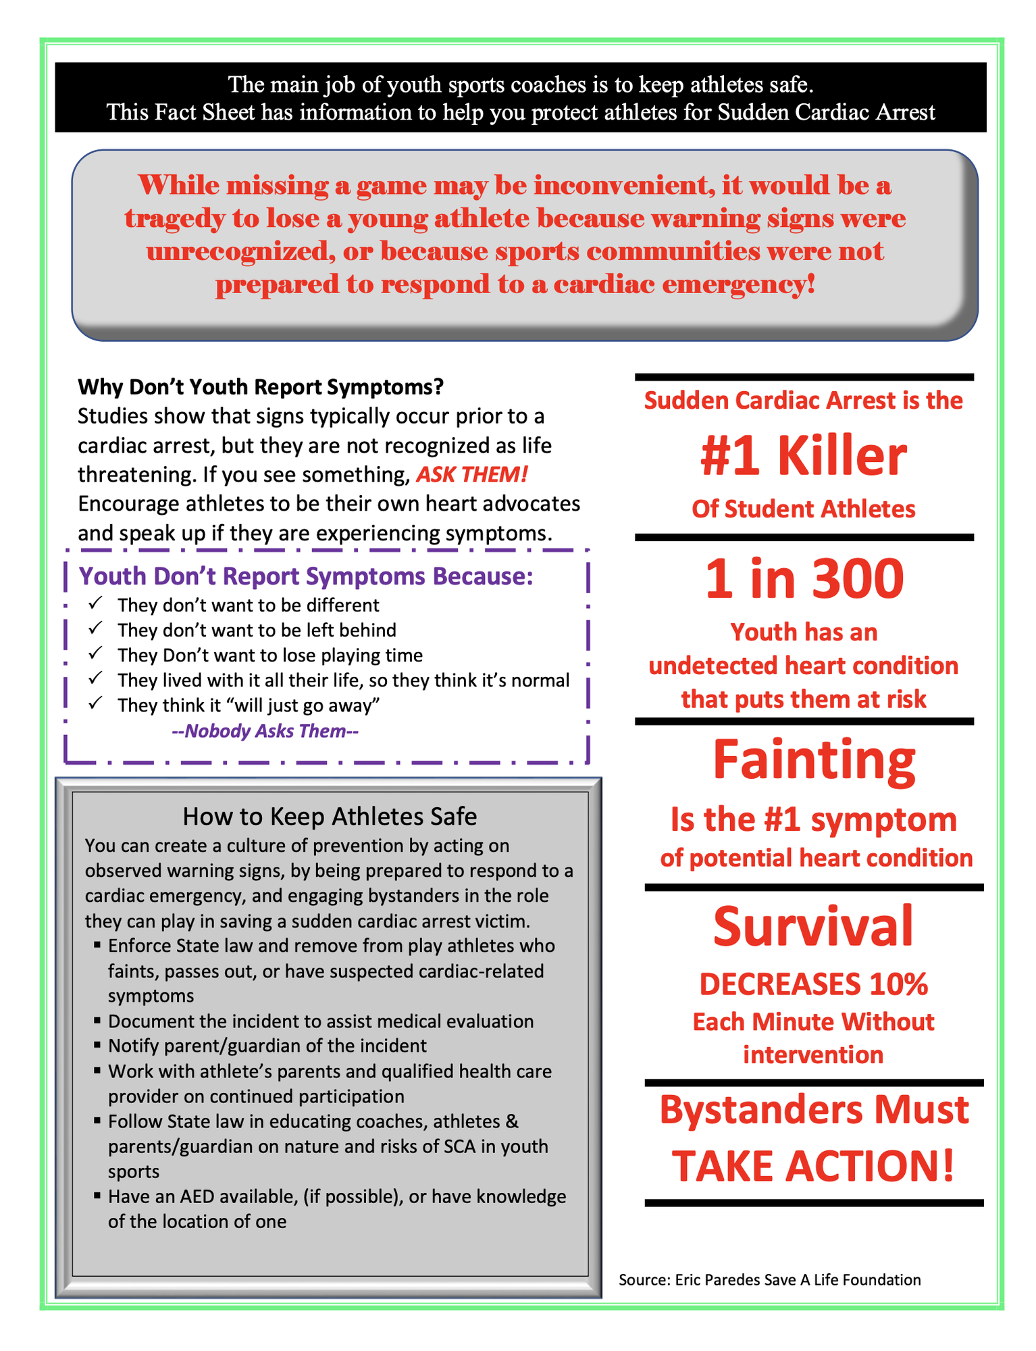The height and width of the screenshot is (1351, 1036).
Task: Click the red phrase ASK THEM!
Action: point(471,475)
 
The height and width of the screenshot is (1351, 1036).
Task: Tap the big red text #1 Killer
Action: point(803,457)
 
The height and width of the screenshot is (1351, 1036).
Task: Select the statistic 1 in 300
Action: point(804,580)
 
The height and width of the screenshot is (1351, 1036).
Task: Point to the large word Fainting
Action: point(814,760)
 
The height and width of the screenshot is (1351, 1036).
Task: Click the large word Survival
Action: point(813,927)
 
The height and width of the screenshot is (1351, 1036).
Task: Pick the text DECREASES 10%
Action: point(813,985)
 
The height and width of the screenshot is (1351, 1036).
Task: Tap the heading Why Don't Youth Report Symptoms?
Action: point(261,387)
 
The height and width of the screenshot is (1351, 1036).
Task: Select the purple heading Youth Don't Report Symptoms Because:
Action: point(306,576)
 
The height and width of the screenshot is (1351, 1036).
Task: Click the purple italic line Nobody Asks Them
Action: point(265,731)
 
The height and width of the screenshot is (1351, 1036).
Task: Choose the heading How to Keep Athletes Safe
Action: point(330,817)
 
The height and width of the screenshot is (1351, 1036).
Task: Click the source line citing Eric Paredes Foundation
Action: point(769,1279)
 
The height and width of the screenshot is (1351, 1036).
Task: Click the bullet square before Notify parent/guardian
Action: point(98,1046)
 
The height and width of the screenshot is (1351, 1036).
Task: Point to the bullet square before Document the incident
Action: point(98,1021)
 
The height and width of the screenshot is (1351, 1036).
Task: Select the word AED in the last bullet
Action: point(197,1196)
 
